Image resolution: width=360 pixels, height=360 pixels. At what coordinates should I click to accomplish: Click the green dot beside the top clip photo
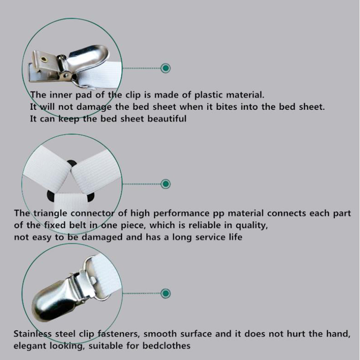pos(166,68)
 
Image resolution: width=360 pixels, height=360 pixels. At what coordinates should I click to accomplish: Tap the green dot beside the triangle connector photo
pos(166,184)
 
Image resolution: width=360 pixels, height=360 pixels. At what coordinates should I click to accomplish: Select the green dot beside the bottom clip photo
pos(166,293)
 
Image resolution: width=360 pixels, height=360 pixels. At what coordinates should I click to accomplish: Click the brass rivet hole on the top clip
pos(43,60)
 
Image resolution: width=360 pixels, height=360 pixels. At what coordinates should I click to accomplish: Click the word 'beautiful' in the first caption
pos(166,119)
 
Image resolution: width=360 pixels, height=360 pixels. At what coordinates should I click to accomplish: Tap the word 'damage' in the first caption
pos(94,107)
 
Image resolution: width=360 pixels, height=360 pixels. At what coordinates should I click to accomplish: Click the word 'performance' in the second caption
pos(181,213)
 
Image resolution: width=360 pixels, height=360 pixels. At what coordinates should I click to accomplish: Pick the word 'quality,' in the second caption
pos(252,226)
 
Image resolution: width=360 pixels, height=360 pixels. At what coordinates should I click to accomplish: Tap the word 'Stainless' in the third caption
pos(32,334)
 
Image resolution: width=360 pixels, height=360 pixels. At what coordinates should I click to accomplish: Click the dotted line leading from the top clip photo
pos(142,68)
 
